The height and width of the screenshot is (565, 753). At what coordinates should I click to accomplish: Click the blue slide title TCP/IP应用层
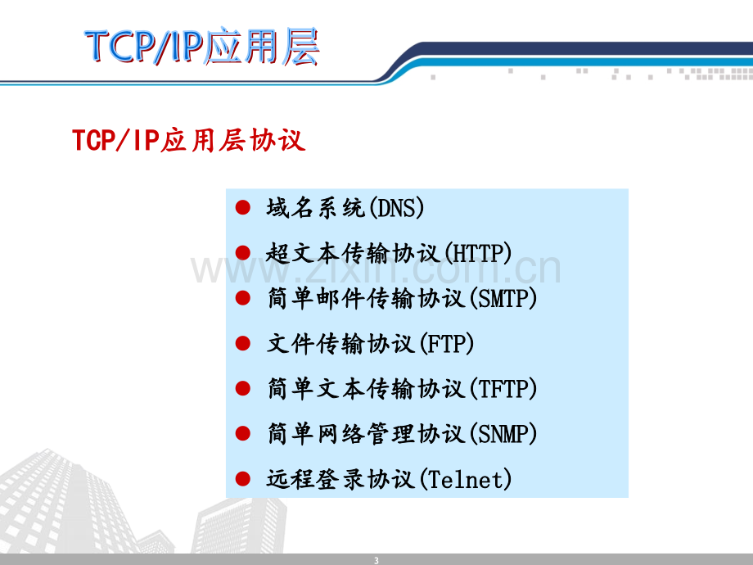[202, 46]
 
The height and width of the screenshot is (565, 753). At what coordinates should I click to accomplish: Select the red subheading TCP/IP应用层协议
[189, 140]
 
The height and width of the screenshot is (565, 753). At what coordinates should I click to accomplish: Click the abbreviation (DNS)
[397, 208]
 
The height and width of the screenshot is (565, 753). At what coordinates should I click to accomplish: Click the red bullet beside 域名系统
[243, 207]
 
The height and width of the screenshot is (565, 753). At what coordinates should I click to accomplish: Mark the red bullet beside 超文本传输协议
[243, 253]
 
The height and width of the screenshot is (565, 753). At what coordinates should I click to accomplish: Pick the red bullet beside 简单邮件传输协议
[243, 298]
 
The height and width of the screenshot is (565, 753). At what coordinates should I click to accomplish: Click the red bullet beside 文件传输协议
[243, 343]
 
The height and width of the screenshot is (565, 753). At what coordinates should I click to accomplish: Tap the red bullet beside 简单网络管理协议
[243, 433]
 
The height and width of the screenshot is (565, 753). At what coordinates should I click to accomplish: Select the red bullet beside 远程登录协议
[243, 478]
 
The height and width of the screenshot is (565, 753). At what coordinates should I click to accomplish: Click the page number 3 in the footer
[376, 560]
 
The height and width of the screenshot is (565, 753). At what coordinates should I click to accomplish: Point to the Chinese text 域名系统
[316, 208]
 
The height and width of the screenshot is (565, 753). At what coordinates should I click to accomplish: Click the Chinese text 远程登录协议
[341, 479]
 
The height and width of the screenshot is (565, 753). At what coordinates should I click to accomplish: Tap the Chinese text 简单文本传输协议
[366, 389]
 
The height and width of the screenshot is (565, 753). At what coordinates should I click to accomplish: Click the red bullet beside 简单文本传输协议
[243, 388]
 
